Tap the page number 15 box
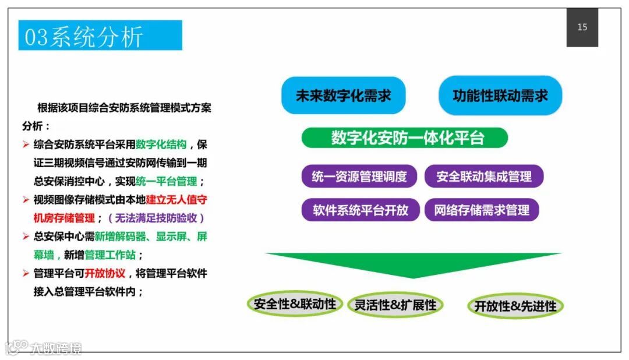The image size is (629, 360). coord(582,27)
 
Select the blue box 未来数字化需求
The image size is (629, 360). coord(343,96)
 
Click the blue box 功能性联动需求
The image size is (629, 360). coord(500,96)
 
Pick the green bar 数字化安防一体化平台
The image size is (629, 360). coord(405,138)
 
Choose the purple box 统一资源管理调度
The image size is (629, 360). coord(360,177)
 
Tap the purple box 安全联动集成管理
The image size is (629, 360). coord(483,177)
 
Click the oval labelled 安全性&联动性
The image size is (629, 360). coord(295,304)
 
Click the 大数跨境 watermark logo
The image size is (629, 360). coord(44,348)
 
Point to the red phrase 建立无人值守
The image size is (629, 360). coord(176,200)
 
